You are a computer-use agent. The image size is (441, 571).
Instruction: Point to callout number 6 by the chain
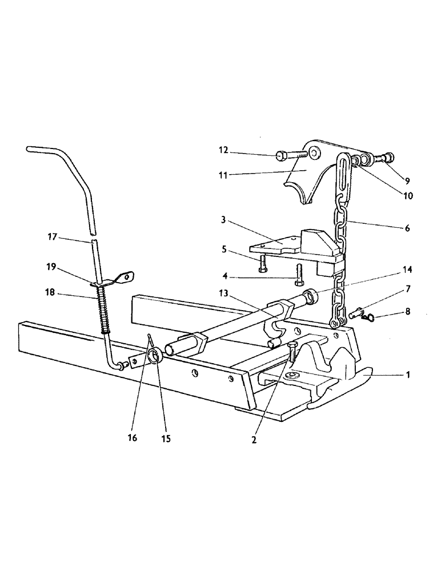[x=407, y=228]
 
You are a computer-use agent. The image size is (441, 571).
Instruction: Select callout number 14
[x=407, y=268]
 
